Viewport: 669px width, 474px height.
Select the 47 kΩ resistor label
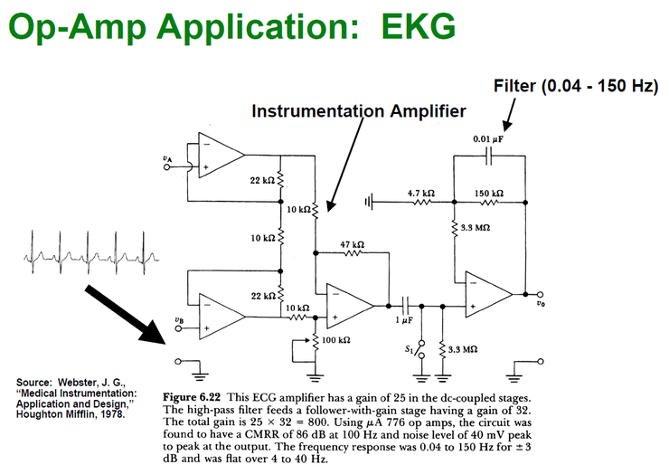pyautogui.click(x=352, y=244)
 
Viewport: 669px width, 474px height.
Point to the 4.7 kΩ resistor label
pyautogui.click(x=421, y=194)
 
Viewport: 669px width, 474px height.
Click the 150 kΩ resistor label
pyautogui.click(x=489, y=194)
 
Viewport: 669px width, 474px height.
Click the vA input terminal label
pyautogui.click(x=166, y=159)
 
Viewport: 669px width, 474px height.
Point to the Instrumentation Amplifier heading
pyautogui.click(x=358, y=111)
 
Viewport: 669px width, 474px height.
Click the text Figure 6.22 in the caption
pyautogui.click(x=192, y=399)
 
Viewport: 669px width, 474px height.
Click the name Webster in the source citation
pyautogui.click(x=78, y=382)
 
